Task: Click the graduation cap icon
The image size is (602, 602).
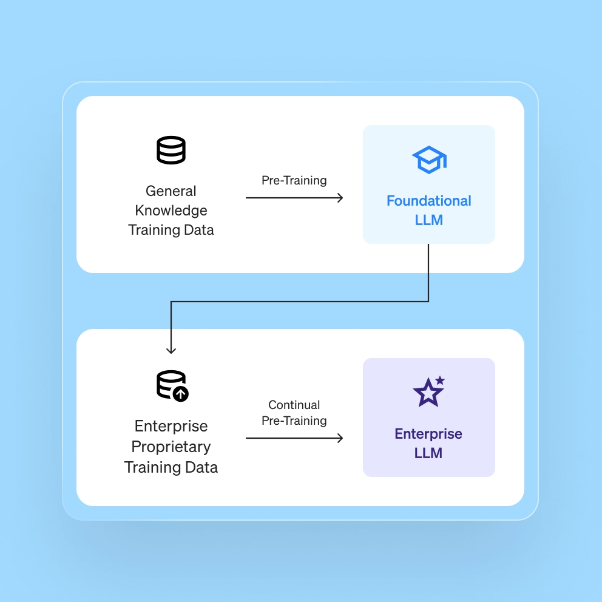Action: click(429, 160)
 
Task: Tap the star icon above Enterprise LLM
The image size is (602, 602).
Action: click(428, 393)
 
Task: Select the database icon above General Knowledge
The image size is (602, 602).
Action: click(171, 150)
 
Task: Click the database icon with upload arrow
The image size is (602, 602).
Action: click(172, 385)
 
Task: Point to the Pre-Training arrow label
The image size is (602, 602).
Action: click(294, 180)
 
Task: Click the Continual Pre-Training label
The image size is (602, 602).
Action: click(294, 413)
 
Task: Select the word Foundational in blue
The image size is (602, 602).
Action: click(429, 201)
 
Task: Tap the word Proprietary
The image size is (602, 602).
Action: click(171, 447)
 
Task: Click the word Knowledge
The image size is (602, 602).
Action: click(171, 211)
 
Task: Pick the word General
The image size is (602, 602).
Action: click(171, 191)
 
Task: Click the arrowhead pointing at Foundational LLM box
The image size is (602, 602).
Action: click(340, 198)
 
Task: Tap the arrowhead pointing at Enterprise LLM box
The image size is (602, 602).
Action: click(340, 438)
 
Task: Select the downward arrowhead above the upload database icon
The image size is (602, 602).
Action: click(171, 350)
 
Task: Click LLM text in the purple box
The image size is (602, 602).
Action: click(428, 453)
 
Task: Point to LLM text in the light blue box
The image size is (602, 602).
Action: click(429, 220)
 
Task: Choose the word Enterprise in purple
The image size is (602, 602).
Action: click(428, 434)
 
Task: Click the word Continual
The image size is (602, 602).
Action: click(294, 405)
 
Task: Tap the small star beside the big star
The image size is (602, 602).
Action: click(440, 380)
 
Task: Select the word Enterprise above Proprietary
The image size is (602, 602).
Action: click(171, 426)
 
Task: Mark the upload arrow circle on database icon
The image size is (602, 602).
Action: click(180, 393)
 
